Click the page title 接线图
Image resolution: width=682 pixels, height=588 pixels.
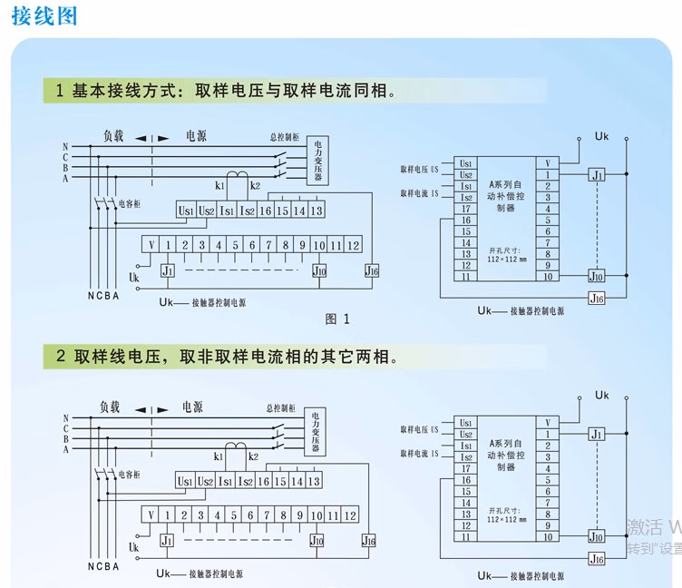point(44,16)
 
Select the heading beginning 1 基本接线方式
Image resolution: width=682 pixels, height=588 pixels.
point(227,91)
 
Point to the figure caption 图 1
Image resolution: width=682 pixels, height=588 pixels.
point(337,318)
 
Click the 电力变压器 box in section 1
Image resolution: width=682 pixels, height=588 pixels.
point(318,162)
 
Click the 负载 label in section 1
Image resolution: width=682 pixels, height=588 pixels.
point(113,136)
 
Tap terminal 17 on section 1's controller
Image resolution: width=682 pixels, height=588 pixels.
point(466,209)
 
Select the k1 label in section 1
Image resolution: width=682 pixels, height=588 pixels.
point(220,185)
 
